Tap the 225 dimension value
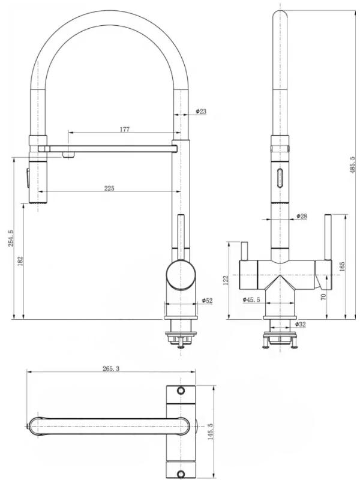(x=109, y=188)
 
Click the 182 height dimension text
(x=20, y=262)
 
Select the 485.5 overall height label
(x=353, y=162)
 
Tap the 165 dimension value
(x=343, y=266)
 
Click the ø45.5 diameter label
(x=251, y=299)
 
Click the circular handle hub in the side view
(x=180, y=275)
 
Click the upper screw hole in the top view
(x=179, y=391)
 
